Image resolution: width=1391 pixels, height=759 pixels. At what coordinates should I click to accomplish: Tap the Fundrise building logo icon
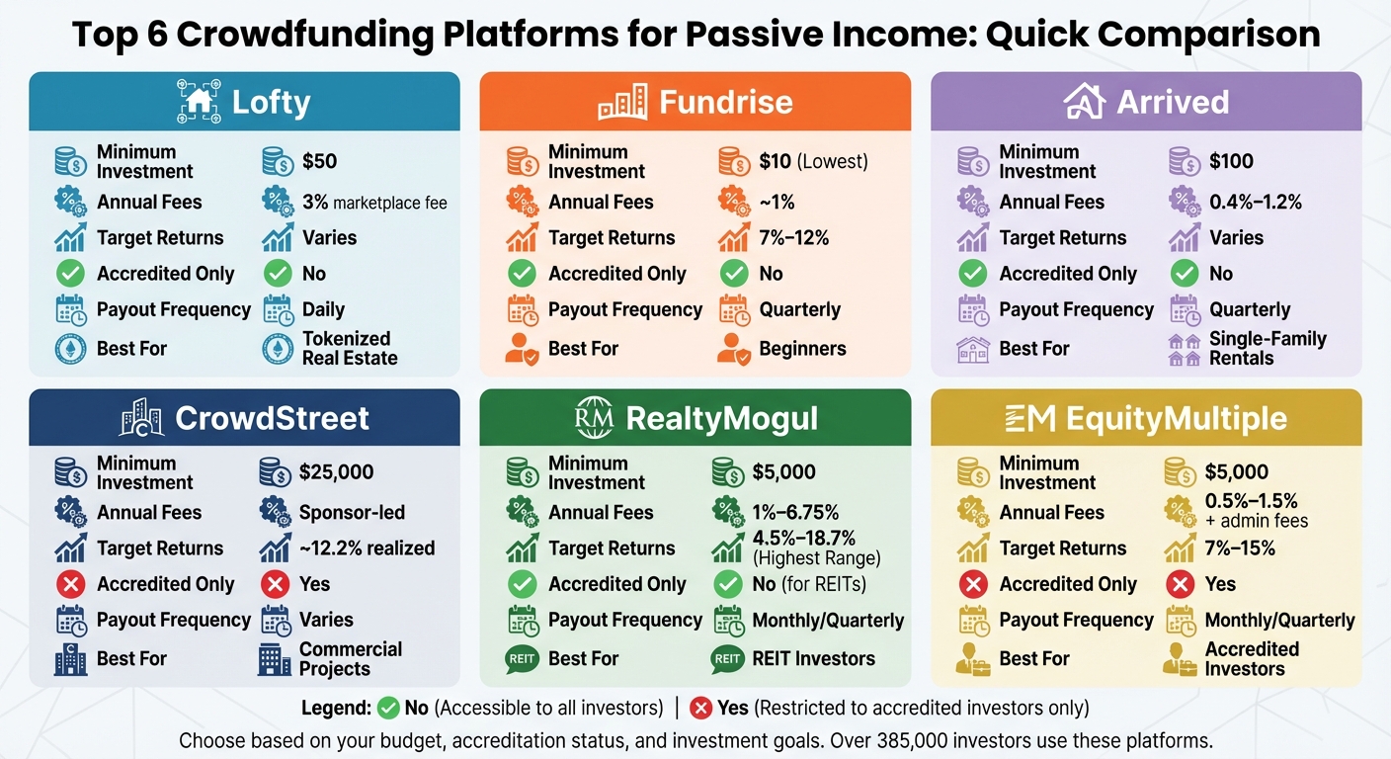(622, 102)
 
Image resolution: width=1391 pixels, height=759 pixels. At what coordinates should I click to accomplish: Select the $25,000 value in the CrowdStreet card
(336, 472)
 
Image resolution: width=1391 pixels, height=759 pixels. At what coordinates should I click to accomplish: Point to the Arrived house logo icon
(1084, 102)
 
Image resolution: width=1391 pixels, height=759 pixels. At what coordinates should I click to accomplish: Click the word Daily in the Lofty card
(323, 309)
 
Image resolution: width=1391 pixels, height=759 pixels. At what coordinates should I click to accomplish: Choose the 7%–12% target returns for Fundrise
(794, 238)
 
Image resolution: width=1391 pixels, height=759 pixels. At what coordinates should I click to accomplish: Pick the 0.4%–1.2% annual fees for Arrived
(1256, 202)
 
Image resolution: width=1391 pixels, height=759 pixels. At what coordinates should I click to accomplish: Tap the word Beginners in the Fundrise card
(802, 349)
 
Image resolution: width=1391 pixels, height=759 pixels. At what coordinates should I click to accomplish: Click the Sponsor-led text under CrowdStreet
(352, 513)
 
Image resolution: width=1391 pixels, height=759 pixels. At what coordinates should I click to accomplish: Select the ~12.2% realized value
(367, 548)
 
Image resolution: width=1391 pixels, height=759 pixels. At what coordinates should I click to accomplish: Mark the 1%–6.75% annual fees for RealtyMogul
(795, 513)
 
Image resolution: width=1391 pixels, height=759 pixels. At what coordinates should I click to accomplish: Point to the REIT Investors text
(813, 659)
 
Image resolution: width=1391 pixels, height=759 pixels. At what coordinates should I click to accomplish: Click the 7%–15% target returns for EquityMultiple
(1240, 548)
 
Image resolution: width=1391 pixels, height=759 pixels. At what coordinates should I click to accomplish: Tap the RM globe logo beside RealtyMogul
(594, 419)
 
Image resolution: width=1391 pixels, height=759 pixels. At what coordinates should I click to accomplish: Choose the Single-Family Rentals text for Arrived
(1268, 349)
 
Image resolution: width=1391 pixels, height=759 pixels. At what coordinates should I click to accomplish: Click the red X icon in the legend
(701, 708)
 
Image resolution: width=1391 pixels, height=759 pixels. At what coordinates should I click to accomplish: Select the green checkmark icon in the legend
(388, 708)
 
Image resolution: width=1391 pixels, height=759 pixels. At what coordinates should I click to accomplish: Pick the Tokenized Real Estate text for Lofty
(350, 349)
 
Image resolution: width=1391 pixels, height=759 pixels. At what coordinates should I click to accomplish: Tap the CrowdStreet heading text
(272, 419)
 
